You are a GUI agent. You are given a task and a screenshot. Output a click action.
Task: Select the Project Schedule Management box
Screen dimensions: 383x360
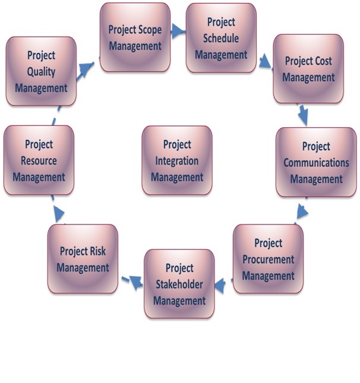220,38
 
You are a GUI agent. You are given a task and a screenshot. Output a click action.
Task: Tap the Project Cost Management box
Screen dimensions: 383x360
308,69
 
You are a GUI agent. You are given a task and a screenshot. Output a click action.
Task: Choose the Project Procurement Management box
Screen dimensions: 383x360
268,259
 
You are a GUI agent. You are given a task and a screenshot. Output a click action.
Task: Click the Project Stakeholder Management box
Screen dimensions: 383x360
179,284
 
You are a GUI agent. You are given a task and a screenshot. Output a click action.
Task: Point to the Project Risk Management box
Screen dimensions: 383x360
83,259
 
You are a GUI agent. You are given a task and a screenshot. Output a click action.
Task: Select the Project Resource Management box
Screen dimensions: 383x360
39,160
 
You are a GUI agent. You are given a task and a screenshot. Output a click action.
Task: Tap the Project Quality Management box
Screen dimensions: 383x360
41,71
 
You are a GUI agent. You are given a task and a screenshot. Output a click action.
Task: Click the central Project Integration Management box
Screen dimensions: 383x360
177,160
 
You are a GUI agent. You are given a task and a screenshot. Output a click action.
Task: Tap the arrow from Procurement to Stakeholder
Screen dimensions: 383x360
221,286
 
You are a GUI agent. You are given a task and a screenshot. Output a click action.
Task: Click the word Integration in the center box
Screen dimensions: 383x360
177,161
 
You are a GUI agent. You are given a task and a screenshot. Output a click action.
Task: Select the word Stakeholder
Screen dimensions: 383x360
179,284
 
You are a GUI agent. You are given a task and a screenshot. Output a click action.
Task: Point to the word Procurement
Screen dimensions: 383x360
269,259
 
